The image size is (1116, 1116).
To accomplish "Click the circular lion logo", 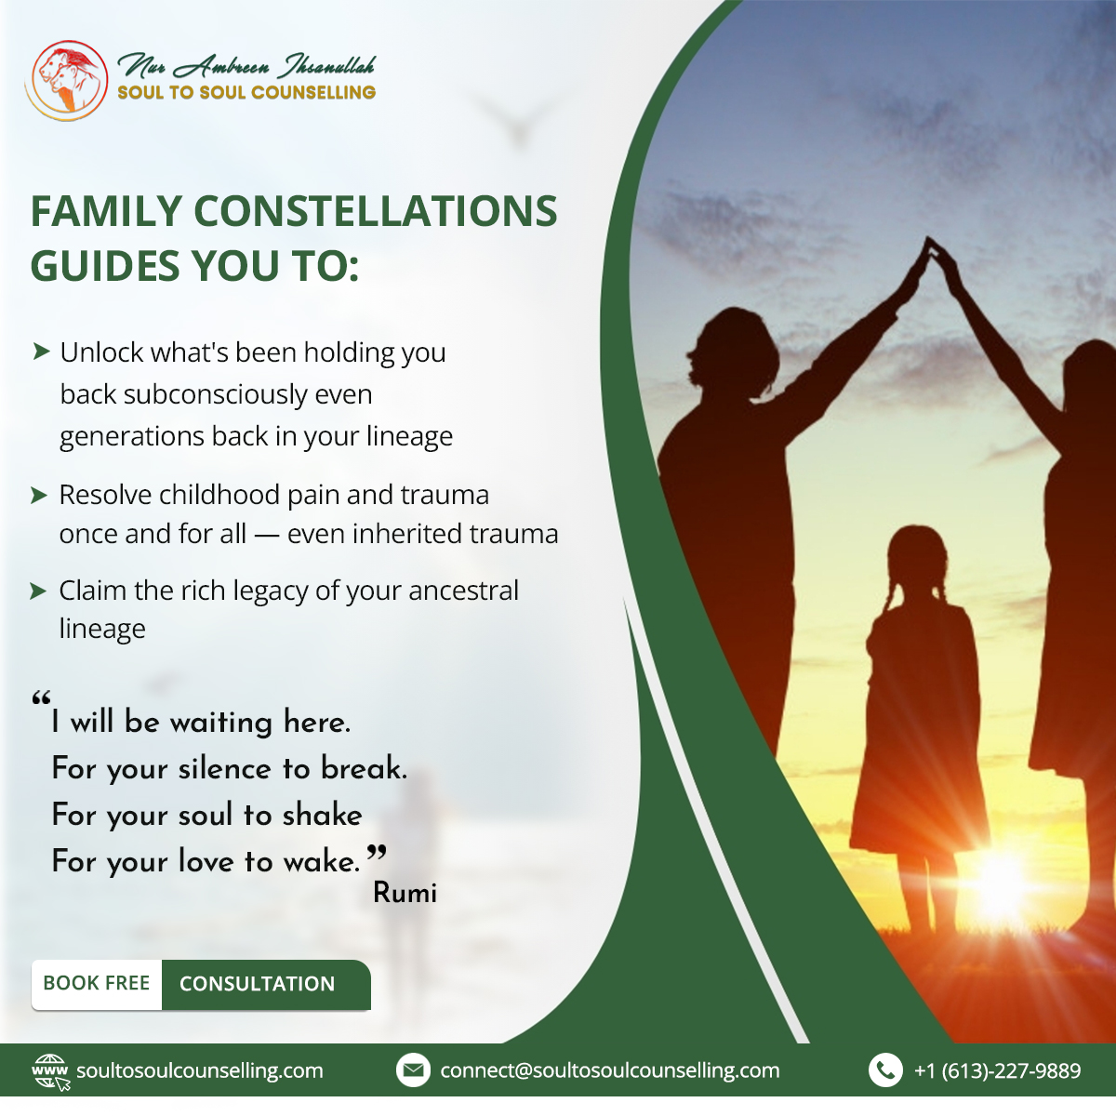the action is point(66,81).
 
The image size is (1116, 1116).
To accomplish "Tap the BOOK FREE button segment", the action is point(97,983).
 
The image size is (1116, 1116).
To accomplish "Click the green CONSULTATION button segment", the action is point(266,983).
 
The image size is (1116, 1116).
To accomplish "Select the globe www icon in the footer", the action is point(50,1071).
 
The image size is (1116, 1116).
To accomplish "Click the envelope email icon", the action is point(413,1069).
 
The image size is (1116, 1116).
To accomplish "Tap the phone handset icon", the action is point(885,1069).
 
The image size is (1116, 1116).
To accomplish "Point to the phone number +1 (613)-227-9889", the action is point(997,1070).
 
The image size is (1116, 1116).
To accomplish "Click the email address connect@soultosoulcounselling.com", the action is point(610,1070).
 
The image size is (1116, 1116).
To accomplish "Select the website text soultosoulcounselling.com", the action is point(200,1070).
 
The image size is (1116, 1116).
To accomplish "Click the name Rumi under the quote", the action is point(405,893).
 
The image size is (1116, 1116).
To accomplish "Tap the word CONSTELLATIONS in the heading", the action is point(376,211).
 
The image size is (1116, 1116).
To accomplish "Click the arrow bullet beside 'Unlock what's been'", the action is point(41,351).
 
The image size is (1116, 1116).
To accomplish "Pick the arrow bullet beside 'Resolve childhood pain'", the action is point(38,495).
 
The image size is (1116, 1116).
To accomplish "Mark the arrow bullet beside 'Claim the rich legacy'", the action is point(37,591).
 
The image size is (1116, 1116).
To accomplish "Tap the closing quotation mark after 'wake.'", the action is point(377,852).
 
